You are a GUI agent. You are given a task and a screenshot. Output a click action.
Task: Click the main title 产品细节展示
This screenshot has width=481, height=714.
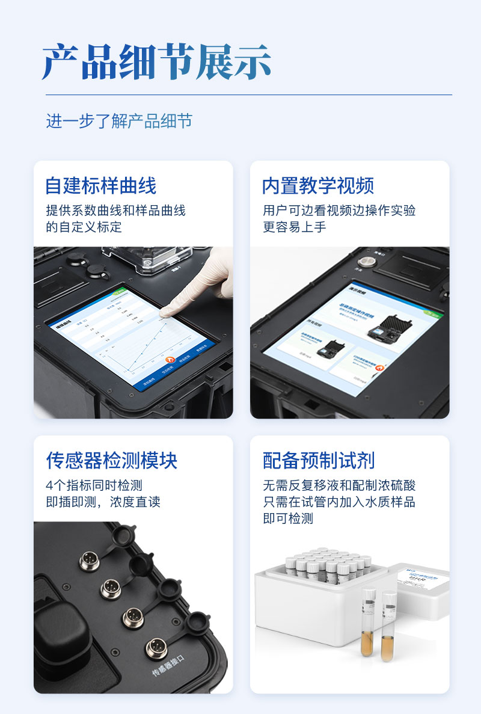(156, 61)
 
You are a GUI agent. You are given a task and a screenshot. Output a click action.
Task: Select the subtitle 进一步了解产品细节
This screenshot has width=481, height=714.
(119, 120)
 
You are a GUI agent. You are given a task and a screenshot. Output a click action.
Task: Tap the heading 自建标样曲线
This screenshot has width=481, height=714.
(101, 186)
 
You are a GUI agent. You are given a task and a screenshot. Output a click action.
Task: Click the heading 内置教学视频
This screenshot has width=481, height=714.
(318, 186)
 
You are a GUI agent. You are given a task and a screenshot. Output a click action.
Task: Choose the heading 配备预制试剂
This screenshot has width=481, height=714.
(319, 461)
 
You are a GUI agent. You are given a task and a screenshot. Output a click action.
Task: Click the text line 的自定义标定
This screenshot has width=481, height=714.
(84, 227)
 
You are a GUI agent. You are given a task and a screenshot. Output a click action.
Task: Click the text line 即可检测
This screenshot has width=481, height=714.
(288, 518)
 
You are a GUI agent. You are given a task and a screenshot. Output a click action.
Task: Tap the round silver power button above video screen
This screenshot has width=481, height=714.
(367, 262)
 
